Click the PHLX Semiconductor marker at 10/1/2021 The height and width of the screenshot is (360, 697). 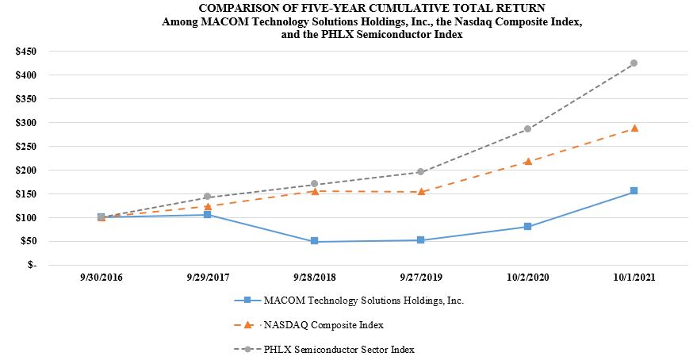pyautogui.click(x=634, y=63)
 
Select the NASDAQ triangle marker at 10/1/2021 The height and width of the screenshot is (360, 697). pyautogui.click(x=634, y=128)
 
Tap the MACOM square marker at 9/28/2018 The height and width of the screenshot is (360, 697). pyautogui.click(x=314, y=241)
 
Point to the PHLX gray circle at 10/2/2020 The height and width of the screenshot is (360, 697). pyautogui.click(x=527, y=128)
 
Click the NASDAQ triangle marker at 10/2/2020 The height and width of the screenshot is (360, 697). pyautogui.click(x=527, y=161)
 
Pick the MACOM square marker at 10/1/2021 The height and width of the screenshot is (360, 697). pyautogui.click(x=634, y=191)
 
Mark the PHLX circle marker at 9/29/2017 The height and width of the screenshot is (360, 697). pyautogui.click(x=208, y=197)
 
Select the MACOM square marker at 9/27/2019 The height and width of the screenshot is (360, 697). pyautogui.click(x=421, y=239)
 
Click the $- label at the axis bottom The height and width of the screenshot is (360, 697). pyautogui.click(x=31, y=265)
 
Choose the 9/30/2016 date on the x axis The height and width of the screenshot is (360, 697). pyautogui.click(x=101, y=278)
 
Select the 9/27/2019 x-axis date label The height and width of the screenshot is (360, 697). pyautogui.click(x=421, y=278)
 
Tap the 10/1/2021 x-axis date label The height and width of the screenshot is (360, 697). pyautogui.click(x=634, y=278)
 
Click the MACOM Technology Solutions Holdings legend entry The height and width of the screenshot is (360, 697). pyautogui.click(x=362, y=301)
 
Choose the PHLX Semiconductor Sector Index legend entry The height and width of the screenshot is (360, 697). pyautogui.click(x=339, y=349)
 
